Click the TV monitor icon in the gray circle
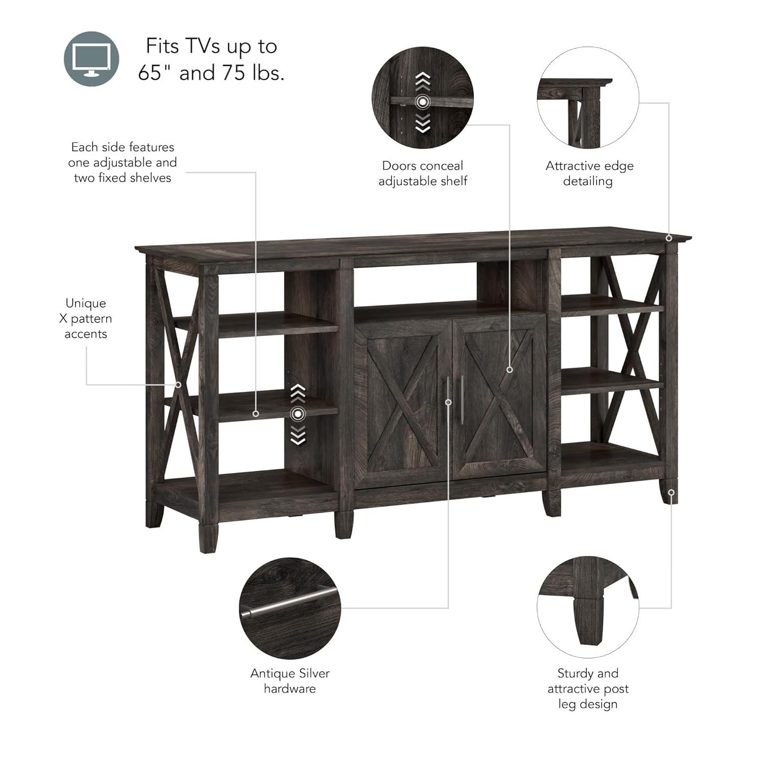click(x=91, y=59)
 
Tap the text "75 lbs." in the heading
click(x=253, y=73)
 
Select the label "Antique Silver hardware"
click(x=290, y=681)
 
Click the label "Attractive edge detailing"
click(x=589, y=173)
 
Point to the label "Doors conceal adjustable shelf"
click(x=422, y=173)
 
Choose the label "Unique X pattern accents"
click(x=86, y=318)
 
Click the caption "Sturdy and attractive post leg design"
click(x=588, y=688)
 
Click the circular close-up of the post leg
click(x=588, y=608)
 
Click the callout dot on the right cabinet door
click(x=509, y=369)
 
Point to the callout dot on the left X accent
click(x=178, y=385)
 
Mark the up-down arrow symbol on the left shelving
click(x=298, y=414)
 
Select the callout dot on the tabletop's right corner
click(x=668, y=238)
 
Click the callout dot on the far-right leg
click(x=672, y=493)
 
